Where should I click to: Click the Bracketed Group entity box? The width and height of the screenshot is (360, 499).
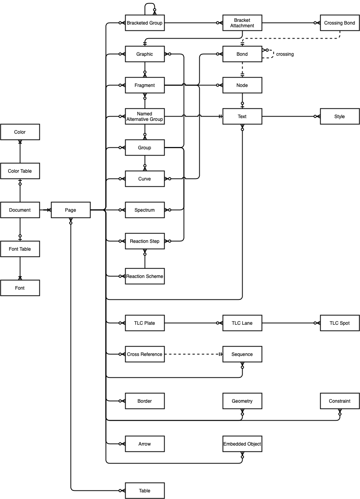[x=145, y=23]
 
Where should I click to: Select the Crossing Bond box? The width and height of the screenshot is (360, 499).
[x=340, y=23]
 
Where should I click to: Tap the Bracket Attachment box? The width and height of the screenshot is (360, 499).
[x=242, y=23]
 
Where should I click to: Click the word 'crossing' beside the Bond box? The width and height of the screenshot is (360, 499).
[x=285, y=54]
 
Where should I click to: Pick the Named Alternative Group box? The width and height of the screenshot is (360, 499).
[x=145, y=116]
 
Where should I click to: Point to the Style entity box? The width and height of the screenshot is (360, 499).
[x=340, y=116]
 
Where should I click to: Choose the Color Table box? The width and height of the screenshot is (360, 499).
[x=20, y=171]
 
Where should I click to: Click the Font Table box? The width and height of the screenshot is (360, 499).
[x=20, y=249]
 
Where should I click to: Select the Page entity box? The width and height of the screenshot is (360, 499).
[x=71, y=210]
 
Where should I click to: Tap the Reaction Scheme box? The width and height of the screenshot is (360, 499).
[x=145, y=276]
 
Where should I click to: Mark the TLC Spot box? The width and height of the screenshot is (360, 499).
[x=340, y=323]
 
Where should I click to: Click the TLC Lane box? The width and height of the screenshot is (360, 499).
[x=242, y=323]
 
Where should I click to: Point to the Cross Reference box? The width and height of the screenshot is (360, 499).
[x=145, y=354]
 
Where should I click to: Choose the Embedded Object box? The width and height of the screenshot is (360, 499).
[x=242, y=444]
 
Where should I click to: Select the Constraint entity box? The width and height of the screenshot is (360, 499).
[x=340, y=401]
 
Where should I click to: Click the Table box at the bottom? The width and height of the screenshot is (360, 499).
[x=145, y=490]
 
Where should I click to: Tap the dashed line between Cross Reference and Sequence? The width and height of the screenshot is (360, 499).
[x=193, y=354]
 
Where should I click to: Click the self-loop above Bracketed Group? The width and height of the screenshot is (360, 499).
[x=150, y=4]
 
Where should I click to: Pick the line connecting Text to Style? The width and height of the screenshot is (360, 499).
[x=291, y=116]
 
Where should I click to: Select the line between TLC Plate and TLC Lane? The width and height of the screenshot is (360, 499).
[x=193, y=323]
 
